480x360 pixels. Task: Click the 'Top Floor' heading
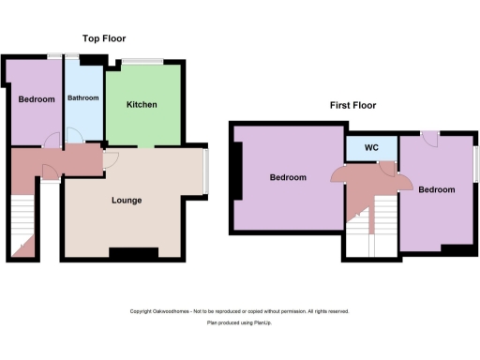pyautogui.click(x=104, y=38)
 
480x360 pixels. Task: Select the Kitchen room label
pyautogui.click(x=142, y=104)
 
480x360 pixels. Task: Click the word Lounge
pyautogui.click(x=127, y=200)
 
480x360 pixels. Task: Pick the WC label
pyautogui.click(x=370, y=148)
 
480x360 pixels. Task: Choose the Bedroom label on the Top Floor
pyautogui.click(x=36, y=98)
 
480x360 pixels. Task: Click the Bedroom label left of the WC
pyautogui.click(x=288, y=177)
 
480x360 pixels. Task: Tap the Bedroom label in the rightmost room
pyautogui.click(x=436, y=189)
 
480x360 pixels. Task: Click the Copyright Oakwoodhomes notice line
pyautogui.click(x=239, y=311)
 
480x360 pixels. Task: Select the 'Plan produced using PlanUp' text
pyautogui.click(x=239, y=322)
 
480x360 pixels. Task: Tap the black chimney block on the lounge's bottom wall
pyautogui.click(x=127, y=252)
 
